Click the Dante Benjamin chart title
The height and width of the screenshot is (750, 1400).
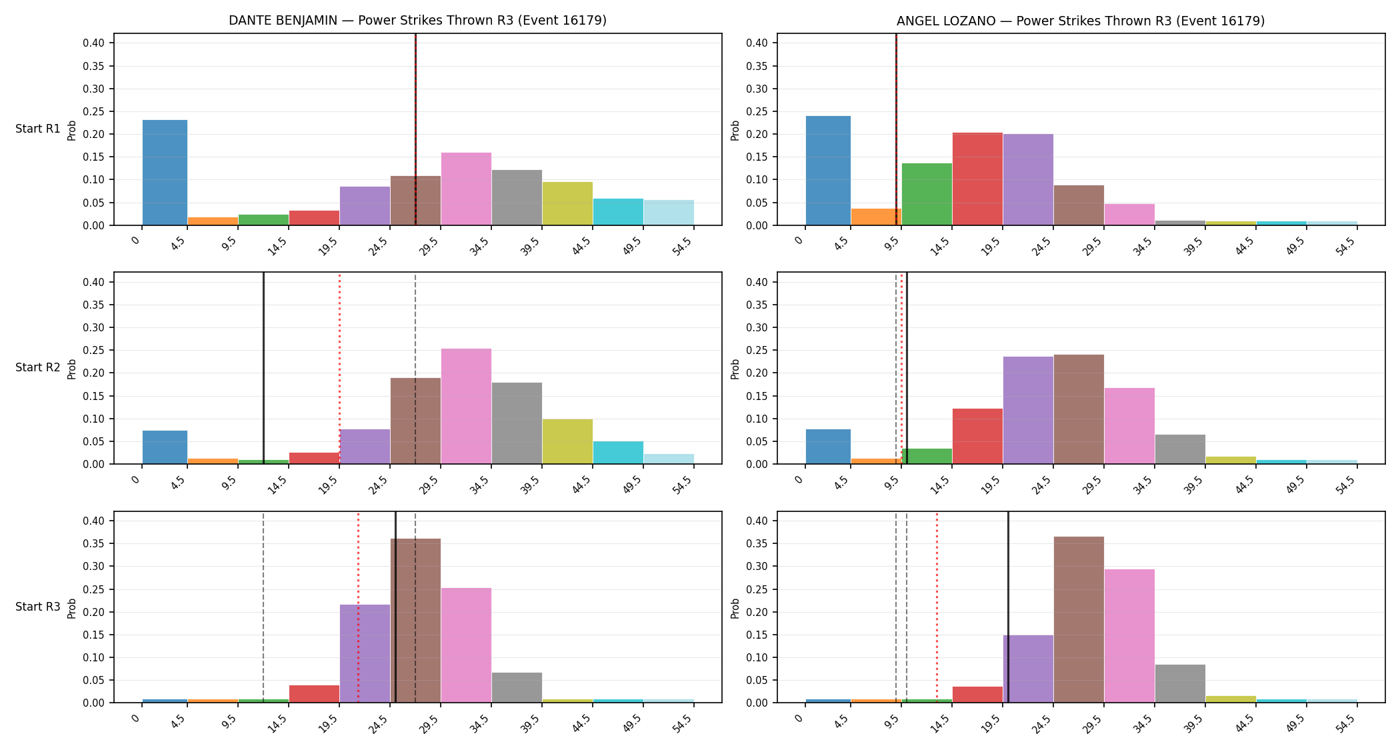(x=417, y=21)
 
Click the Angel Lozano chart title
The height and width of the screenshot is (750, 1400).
(x=1081, y=21)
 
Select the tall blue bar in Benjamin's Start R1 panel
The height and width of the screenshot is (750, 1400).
(x=165, y=173)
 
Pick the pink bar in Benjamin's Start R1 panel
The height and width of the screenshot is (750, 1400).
(x=466, y=189)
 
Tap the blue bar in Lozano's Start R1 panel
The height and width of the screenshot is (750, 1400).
(x=829, y=171)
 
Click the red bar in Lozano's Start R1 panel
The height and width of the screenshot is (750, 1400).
(x=977, y=179)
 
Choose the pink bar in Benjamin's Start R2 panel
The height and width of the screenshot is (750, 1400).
(x=466, y=406)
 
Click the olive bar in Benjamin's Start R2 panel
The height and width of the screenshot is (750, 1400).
(x=567, y=441)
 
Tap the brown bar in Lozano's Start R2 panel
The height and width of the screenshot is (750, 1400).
(x=1079, y=409)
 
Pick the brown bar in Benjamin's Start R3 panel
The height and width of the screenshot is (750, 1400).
(x=415, y=621)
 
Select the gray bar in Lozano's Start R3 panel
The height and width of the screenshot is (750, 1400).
(x=1180, y=683)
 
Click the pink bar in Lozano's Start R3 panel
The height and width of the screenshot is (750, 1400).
(x=1129, y=636)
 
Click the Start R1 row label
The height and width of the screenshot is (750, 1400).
(x=38, y=129)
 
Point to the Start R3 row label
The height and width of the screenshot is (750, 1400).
(x=38, y=607)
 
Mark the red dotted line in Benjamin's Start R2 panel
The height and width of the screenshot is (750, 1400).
(x=339, y=368)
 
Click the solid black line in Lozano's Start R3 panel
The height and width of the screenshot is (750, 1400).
(x=1008, y=607)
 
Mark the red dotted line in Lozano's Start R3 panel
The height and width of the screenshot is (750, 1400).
(x=937, y=607)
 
